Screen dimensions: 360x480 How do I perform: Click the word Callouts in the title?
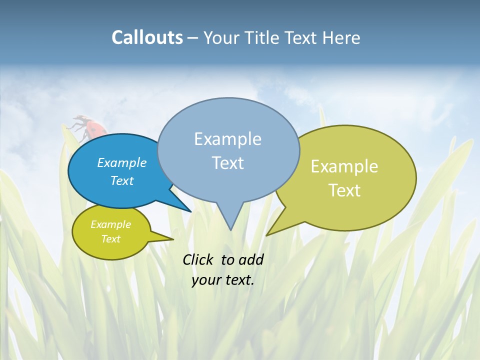(147, 37)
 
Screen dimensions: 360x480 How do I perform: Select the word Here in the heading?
(342, 37)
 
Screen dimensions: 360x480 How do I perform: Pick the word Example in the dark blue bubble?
(121, 162)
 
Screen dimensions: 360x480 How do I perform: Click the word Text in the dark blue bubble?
(122, 180)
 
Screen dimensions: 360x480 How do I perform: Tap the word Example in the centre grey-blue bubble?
(227, 139)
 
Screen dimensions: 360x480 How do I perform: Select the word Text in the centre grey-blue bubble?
(228, 163)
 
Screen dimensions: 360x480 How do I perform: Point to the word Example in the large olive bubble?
(344, 166)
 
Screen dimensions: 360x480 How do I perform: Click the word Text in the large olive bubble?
(345, 190)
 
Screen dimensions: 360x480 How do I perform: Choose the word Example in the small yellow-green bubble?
(110, 224)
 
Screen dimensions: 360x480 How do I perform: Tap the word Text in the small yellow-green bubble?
(111, 239)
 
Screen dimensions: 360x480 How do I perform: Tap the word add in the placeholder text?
(250, 259)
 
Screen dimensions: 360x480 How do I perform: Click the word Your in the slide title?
(222, 37)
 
